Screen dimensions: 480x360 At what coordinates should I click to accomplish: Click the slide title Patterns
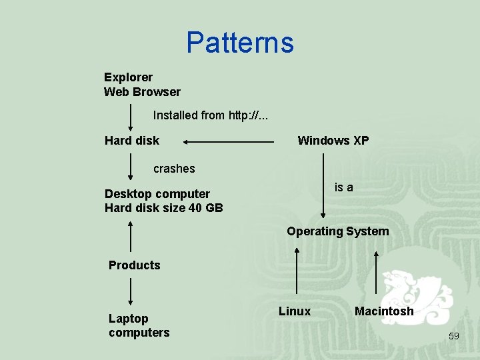[x=240, y=43]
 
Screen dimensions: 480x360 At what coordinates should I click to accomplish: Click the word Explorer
[x=128, y=77]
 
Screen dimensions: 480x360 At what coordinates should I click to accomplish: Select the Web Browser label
[x=142, y=92]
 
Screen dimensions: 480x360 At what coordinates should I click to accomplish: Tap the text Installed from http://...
[x=211, y=115]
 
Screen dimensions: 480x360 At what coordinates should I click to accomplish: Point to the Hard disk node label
[x=132, y=141]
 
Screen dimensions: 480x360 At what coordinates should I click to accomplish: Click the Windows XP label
[x=333, y=141]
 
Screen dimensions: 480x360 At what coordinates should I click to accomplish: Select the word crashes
[x=174, y=169]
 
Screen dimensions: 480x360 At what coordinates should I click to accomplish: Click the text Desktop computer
[x=157, y=194]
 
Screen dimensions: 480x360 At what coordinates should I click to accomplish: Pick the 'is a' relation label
[x=343, y=187]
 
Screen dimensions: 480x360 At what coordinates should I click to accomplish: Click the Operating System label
[x=337, y=231]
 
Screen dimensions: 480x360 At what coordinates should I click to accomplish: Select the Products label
[x=135, y=265]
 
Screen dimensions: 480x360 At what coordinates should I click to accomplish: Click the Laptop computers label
[x=139, y=325]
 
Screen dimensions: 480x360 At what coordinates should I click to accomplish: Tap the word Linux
[x=295, y=311]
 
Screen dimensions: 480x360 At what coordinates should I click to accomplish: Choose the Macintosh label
[x=384, y=311]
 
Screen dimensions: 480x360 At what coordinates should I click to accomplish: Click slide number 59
[x=453, y=336]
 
